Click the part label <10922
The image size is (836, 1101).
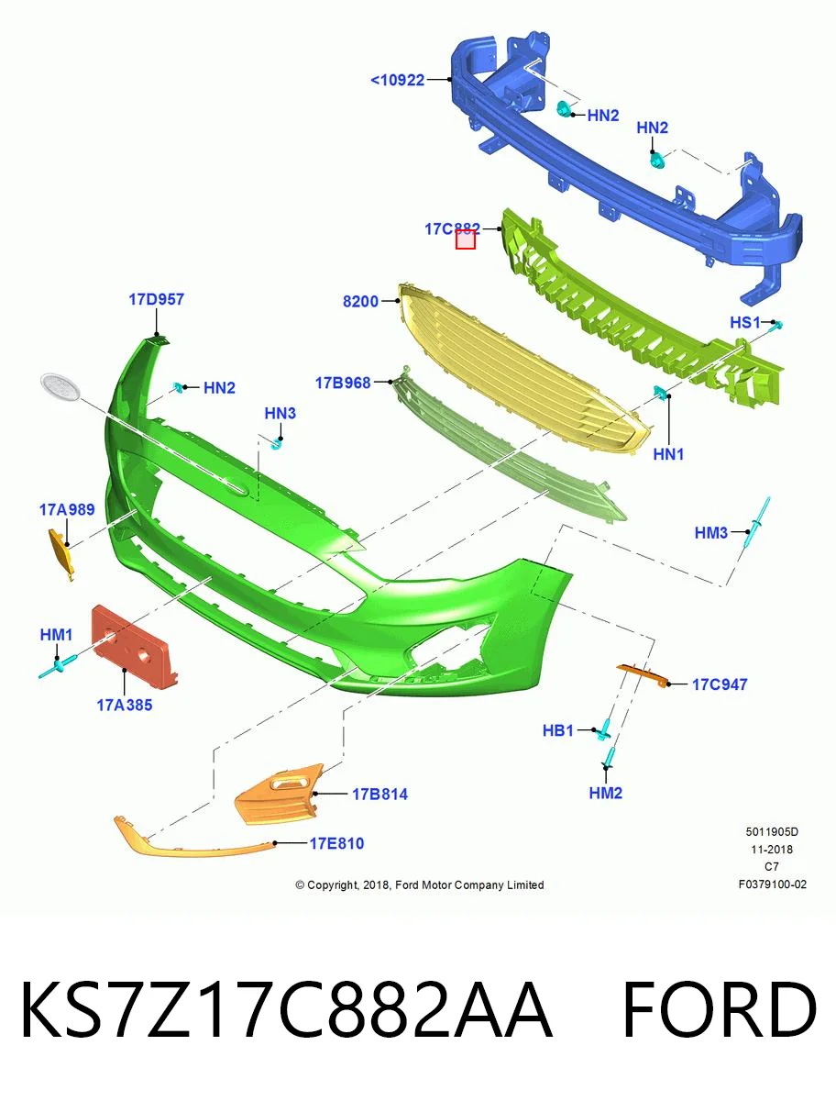(397, 80)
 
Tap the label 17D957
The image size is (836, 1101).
(156, 299)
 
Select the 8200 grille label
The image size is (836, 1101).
(360, 302)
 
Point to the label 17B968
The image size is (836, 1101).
(343, 383)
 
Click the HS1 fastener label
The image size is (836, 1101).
(745, 323)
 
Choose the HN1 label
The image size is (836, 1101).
(668, 454)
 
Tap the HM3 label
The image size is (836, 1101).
(710, 533)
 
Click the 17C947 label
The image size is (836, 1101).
(720, 684)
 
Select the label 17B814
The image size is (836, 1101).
(379, 794)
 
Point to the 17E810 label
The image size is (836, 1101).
(336, 843)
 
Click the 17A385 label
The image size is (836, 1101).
(125, 706)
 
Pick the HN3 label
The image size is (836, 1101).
(280, 413)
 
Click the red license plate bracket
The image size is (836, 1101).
(134, 643)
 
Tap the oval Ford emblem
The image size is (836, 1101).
(61, 387)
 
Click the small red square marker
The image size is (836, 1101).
(466, 239)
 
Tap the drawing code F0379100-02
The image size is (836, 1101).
(773, 884)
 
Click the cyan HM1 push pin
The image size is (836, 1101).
(58, 667)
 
